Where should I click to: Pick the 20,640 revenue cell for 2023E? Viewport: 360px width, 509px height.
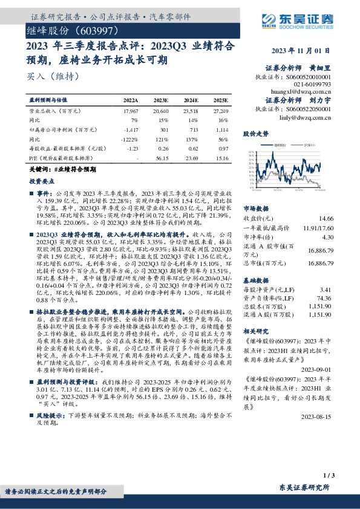coord(160,112)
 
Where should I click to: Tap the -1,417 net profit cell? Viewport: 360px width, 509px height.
coord(130,129)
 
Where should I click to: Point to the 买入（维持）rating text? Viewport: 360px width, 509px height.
coord(46,77)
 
